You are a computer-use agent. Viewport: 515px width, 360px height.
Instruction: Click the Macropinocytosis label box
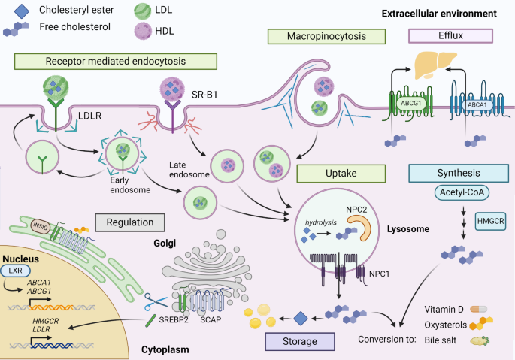pyautogui.click(x=326, y=36)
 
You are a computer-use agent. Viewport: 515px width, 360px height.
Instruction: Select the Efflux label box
pyautogui.click(x=450, y=36)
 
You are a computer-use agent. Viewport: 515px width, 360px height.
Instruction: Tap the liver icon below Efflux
pyautogui.click(x=435, y=65)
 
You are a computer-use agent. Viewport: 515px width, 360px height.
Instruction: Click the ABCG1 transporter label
pyautogui.click(x=411, y=104)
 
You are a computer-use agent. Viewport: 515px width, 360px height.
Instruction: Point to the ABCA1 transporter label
pyautogui.click(x=477, y=105)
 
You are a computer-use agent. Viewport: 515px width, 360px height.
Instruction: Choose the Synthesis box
pyautogui.click(x=459, y=173)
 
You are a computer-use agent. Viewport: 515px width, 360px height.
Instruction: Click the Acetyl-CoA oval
pyautogui.click(x=462, y=192)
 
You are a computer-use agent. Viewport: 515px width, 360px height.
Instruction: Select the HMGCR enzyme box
pyautogui.click(x=491, y=221)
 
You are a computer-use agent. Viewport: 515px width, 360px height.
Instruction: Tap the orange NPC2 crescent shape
pyautogui.click(x=362, y=227)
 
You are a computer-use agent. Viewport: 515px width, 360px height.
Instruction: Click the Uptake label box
pyautogui.click(x=341, y=174)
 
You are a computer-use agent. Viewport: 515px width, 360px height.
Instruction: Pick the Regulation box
pyautogui.click(x=130, y=222)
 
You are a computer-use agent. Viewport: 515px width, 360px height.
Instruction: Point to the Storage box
pyautogui.click(x=300, y=342)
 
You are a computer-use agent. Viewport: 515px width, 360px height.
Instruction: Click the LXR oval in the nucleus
pyautogui.click(x=16, y=271)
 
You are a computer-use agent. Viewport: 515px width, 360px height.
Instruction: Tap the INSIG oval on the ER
pyautogui.click(x=40, y=227)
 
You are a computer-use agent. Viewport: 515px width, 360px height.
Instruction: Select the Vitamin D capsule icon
pyautogui.click(x=479, y=309)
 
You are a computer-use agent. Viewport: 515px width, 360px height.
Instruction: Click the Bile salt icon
pyautogui.click(x=480, y=340)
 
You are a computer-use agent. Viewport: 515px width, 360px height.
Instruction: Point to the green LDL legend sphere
pyautogui.click(x=143, y=11)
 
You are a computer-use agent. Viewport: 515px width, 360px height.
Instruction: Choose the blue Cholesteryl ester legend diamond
pyautogui.click(x=22, y=11)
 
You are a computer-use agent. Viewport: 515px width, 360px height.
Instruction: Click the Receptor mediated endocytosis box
pyautogui.click(x=116, y=62)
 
